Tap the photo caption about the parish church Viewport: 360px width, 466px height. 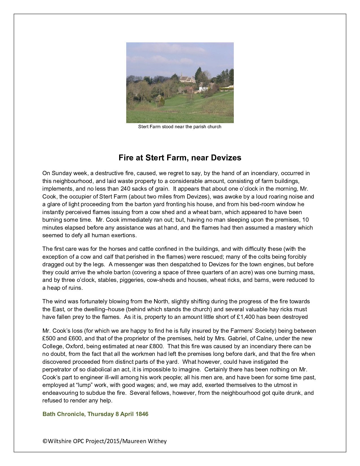(x=180, y=127)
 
